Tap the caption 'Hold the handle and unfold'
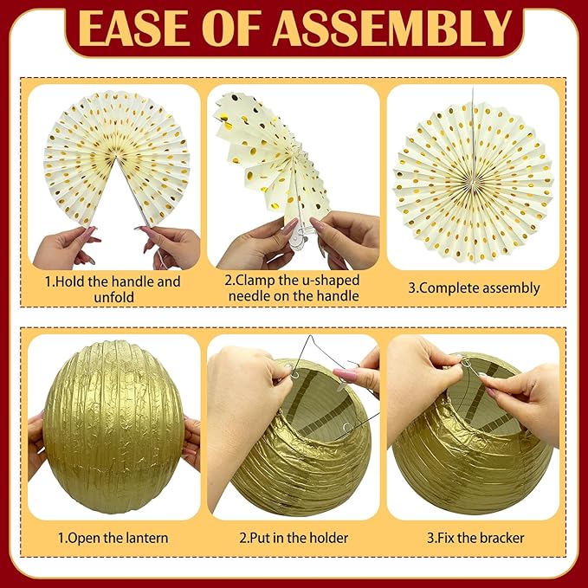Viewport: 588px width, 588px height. (x=113, y=289)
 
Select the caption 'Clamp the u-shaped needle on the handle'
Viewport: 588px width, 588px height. (x=293, y=288)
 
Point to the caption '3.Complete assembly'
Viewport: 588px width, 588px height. (x=474, y=288)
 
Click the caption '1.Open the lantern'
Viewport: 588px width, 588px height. (x=113, y=538)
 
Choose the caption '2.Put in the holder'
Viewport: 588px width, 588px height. (x=294, y=538)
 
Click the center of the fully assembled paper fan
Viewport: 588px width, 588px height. (x=473, y=182)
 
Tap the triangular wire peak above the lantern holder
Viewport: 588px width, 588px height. (x=310, y=337)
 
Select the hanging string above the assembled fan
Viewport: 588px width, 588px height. (x=473, y=135)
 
